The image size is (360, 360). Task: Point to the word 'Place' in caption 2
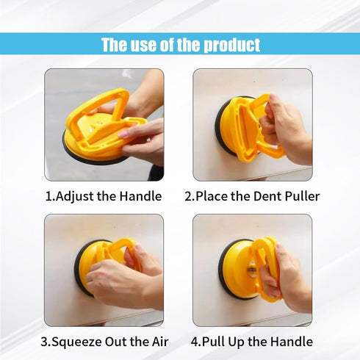[x=213, y=196]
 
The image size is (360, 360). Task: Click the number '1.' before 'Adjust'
[x=50, y=196]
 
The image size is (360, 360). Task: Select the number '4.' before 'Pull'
[x=195, y=342]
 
